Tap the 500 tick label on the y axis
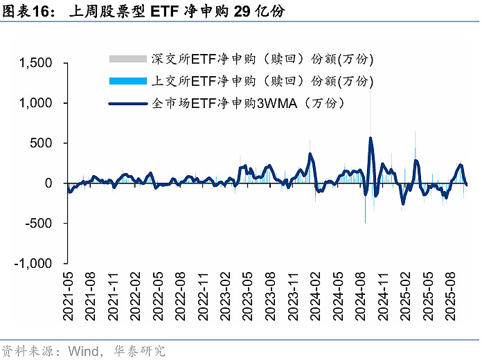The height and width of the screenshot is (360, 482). coord(41,143)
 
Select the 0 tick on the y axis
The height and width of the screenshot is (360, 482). coord(48,183)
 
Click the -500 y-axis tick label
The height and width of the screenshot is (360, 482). coord(39,224)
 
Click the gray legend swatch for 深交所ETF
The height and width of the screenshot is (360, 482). coord(129,58)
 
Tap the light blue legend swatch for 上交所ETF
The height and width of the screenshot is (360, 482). coord(129,81)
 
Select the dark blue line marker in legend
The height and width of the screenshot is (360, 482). coord(129,105)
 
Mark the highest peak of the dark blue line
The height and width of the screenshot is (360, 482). coord(371,138)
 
